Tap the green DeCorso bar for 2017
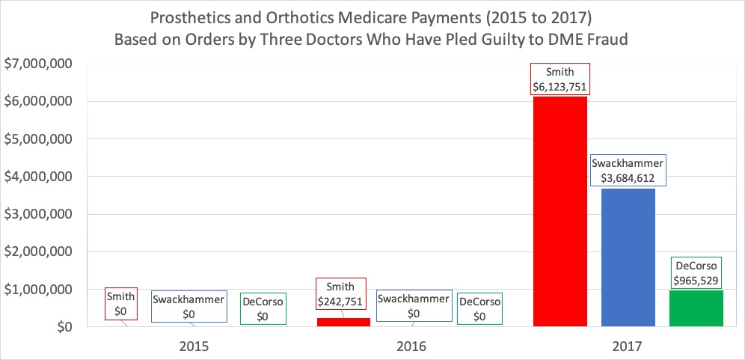click(x=696, y=308)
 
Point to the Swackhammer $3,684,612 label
click(x=628, y=171)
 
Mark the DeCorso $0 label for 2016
click(x=479, y=308)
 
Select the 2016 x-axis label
click(x=412, y=347)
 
